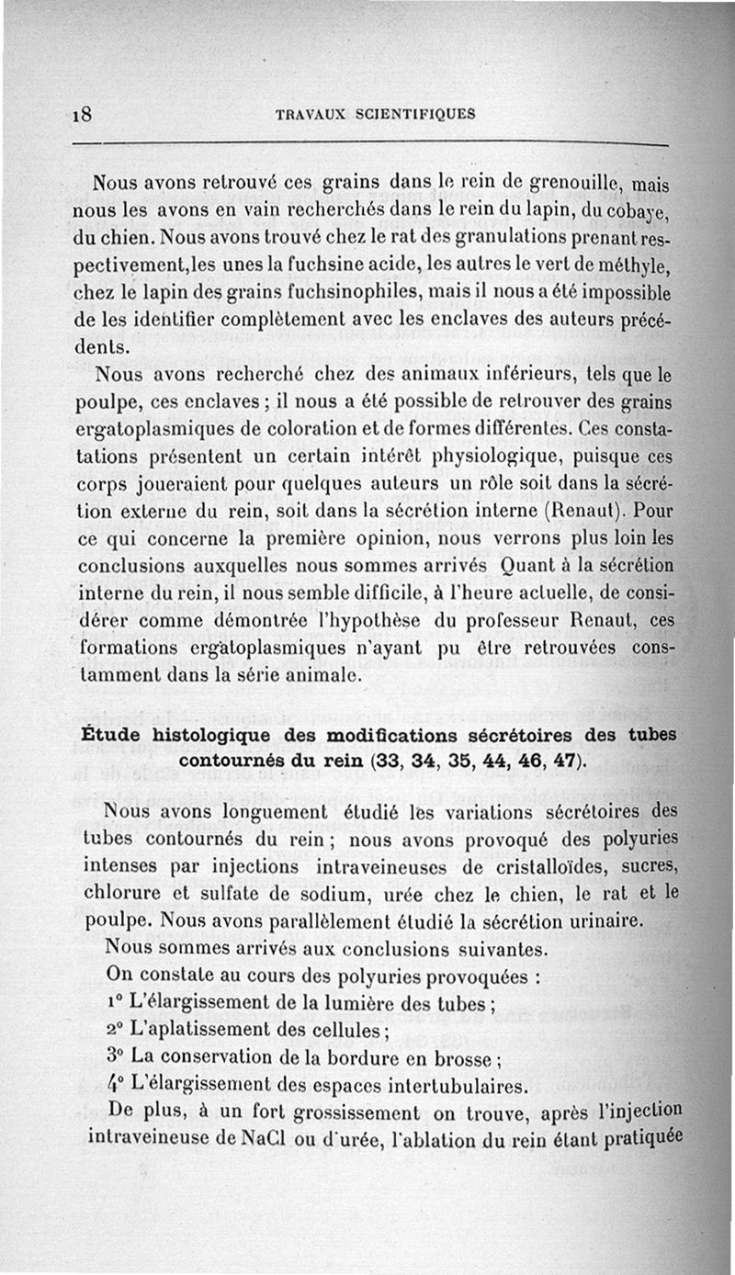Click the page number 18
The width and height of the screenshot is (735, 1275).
pos(87,117)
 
